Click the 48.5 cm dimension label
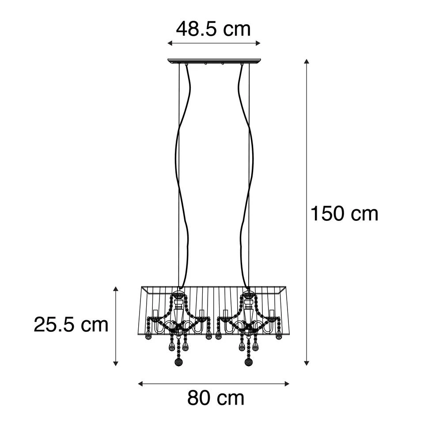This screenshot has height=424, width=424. point(213,29)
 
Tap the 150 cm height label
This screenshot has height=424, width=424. point(344,214)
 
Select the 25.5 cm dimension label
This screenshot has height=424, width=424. point(71,325)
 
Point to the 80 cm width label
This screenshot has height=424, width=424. point(216,398)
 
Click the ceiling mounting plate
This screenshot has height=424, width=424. point(215,61)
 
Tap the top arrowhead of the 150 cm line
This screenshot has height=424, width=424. point(306,61)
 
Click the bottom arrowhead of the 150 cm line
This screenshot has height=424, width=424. point(306,363)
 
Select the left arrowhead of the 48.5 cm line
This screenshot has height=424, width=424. point(170,43)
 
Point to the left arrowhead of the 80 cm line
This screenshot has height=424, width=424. point(140,383)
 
